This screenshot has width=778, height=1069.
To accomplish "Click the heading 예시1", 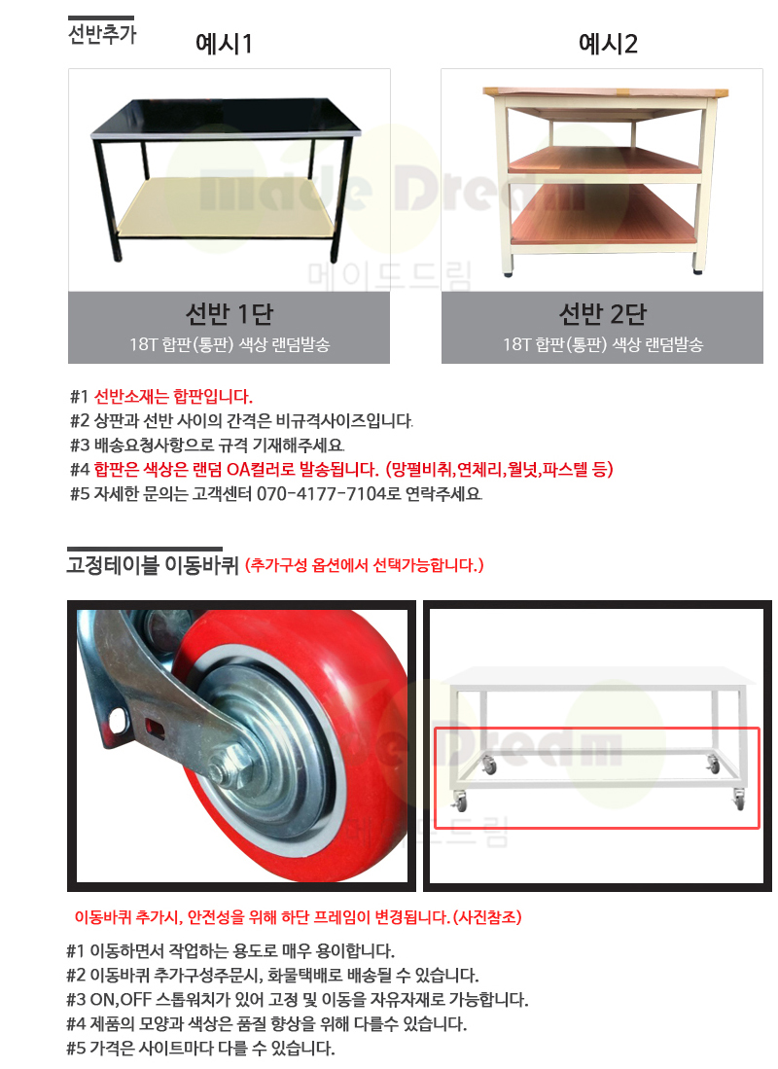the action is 224,44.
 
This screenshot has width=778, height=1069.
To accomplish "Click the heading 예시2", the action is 608,44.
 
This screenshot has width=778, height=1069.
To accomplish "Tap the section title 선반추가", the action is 102,34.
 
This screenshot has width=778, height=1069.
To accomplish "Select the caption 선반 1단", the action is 230,314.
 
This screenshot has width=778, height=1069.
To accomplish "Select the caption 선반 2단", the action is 603,314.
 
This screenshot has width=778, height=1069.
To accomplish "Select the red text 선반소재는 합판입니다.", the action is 173,397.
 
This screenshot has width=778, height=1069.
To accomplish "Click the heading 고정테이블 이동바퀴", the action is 153,565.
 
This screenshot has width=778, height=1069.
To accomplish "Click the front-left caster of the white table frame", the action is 460,802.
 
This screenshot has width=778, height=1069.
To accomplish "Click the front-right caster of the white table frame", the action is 738,800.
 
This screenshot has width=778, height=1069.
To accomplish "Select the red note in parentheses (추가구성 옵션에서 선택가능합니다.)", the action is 364,565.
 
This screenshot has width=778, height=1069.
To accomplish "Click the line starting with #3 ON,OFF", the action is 298,1000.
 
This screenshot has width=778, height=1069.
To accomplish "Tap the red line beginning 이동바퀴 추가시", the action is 298,917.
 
